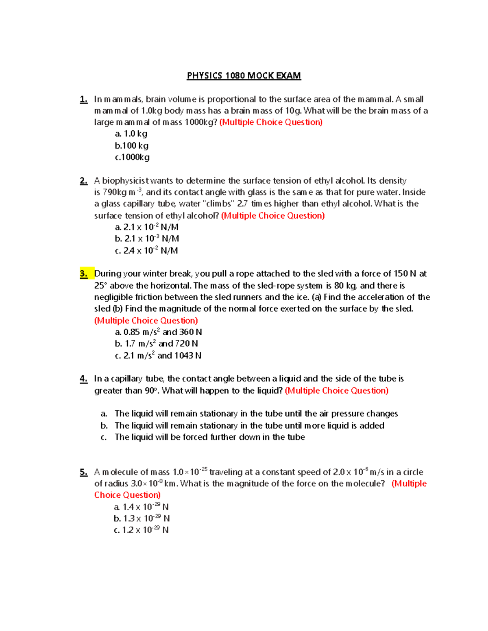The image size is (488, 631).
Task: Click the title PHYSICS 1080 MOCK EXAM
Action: (244, 76)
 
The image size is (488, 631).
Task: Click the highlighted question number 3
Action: (84, 274)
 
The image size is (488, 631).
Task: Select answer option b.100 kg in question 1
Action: (131, 145)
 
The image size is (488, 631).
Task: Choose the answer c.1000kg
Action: (132, 157)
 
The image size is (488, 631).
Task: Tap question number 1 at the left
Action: (84, 99)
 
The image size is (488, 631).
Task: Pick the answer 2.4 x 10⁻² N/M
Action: (146, 251)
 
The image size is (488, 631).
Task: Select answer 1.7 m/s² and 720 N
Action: (156, 344)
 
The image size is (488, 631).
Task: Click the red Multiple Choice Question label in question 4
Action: (336, 390)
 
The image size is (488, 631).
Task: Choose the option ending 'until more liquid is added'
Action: (249, 425)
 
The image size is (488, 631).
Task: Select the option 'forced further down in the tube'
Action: (209, 437)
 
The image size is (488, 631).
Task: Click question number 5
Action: (84, 472)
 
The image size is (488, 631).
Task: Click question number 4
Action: (84, 379)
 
